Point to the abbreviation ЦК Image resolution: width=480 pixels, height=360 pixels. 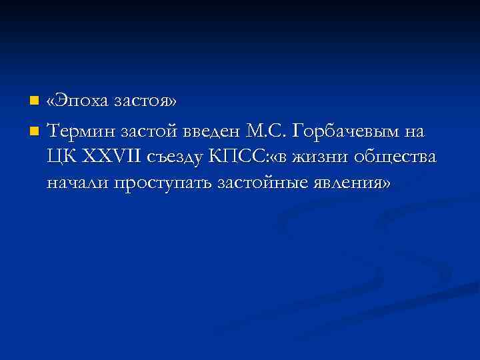[x=59, y=157]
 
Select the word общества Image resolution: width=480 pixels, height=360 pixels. [x=397, y=157]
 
